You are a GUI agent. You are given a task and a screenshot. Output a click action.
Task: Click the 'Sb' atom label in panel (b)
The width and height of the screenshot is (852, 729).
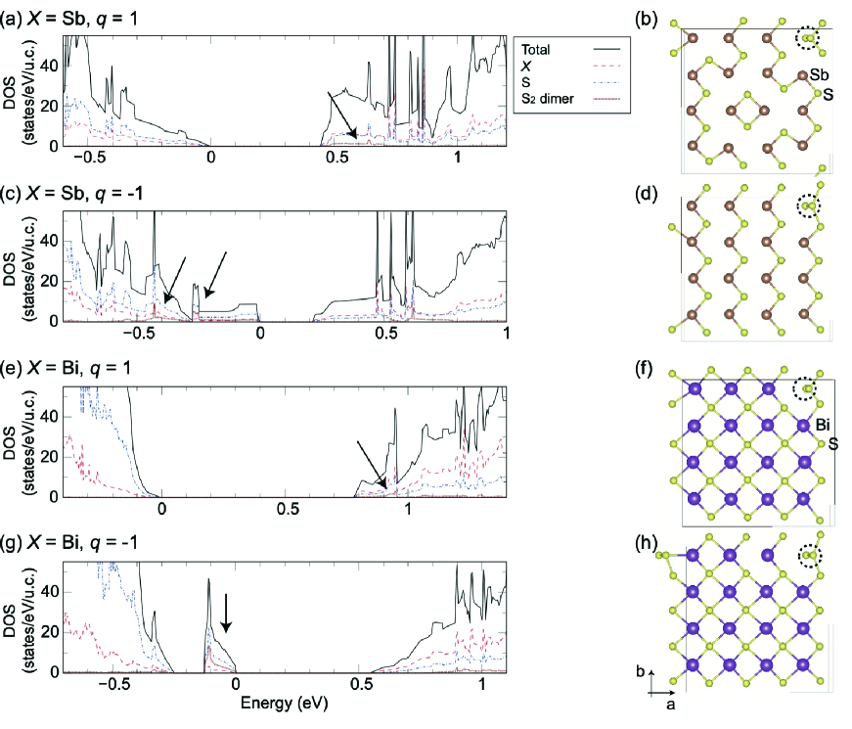[x=820, y=75]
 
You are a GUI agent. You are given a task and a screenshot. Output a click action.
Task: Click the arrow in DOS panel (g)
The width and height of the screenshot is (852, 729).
[x=226, y=612]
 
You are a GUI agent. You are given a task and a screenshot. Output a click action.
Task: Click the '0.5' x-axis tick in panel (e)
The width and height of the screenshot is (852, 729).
[x=286, y=509]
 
